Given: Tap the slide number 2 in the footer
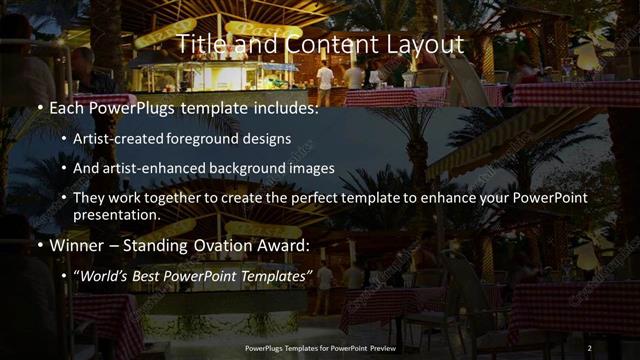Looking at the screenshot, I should (590, 347).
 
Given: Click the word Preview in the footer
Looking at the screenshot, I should (379, 347).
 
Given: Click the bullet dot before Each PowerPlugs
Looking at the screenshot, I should (38, 105).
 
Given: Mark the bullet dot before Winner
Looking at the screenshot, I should (38, 244).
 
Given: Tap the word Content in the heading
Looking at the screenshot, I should (323, 44).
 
